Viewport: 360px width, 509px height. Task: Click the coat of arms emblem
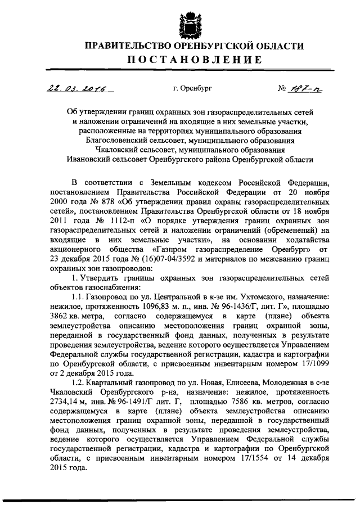[x=186, y=21]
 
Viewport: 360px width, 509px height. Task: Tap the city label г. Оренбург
[x=193, y=88]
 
